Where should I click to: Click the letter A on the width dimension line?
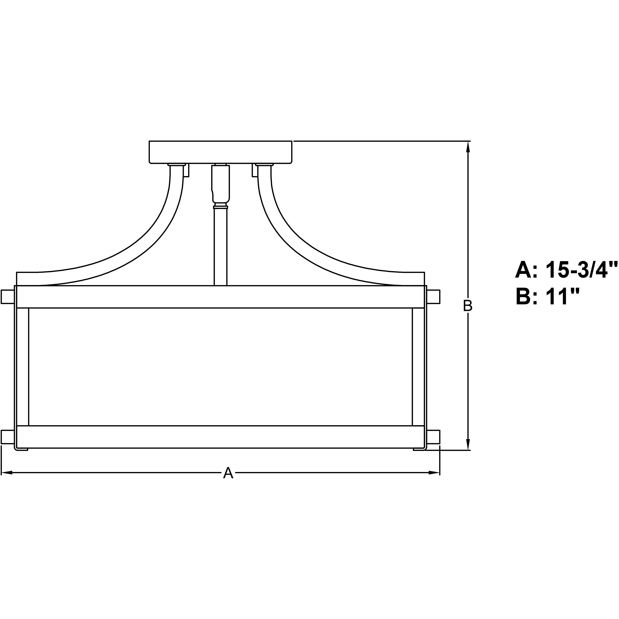pos(228,473)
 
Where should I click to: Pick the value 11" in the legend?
pos(564,297)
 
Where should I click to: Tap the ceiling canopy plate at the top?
pos(220,152)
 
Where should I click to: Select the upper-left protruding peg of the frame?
pos(7,297)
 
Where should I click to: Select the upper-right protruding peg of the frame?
pos(433,297)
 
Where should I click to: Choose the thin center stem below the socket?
pos(220,247)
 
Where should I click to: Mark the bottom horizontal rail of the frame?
pos(220,437)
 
